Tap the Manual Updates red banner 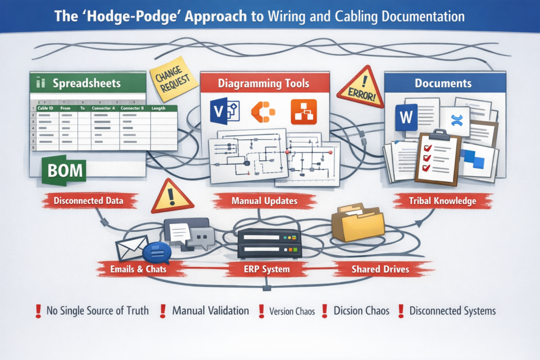click(x=264, y=201)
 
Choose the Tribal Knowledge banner click(x=442, y=201)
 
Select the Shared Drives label click(x=380, y=269)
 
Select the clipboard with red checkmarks click(x=438, y=157)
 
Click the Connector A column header click(x=104, y=108)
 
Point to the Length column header click(x=158, y=108)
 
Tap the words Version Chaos click(x=292, y=312)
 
